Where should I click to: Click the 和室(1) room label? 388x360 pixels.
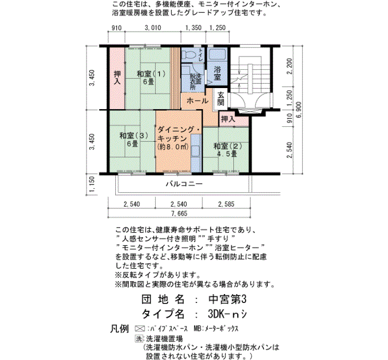148,78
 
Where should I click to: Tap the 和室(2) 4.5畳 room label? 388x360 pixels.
225,150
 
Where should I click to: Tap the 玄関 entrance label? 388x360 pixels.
221,99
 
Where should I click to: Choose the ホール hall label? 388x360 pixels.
197,101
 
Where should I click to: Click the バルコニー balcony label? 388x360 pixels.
184,183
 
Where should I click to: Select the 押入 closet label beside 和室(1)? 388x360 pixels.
117,78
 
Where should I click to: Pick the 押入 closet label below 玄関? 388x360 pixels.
228,119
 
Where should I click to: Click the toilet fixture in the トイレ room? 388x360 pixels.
189,56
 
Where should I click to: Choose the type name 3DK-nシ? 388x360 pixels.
224,313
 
